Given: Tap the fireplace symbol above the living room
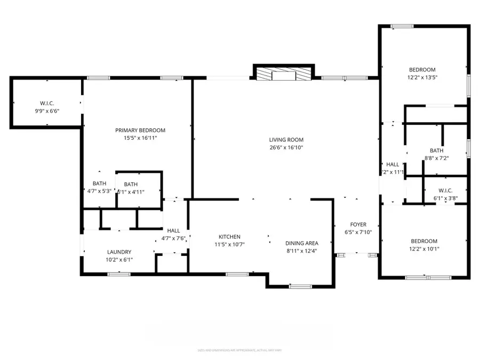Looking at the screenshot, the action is tap(283, 74).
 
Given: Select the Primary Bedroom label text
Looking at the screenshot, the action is tap(140, 130).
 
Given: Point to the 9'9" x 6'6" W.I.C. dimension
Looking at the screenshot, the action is tap(47, 111).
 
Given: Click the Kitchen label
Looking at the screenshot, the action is tap(229, 237).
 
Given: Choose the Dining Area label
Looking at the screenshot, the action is tap(301, 243).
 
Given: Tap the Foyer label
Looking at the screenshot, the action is tap(358, 225).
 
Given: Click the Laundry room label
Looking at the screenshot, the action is tap(119, 252).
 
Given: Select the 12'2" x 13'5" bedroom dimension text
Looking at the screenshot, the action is tap(422, 77).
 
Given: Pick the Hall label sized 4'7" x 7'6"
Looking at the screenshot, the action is tap(174, 238).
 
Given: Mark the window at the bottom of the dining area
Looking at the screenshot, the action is tap(300, 286).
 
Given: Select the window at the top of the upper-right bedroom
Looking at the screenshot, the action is tap(402, 26).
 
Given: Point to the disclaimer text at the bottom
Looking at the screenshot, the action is tap(240, 350).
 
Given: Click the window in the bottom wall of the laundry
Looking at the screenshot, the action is tap(115, 274).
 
